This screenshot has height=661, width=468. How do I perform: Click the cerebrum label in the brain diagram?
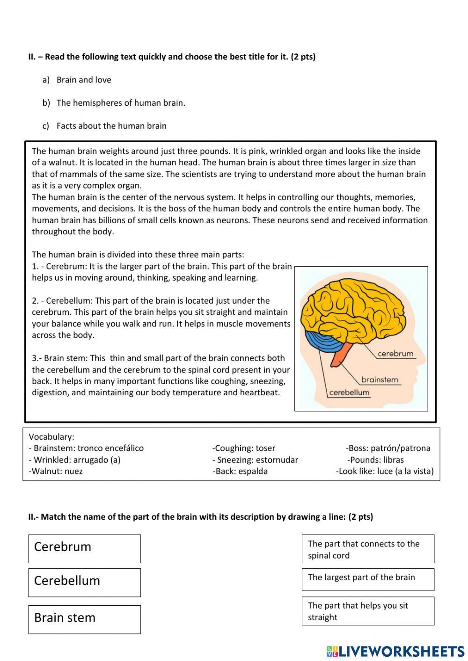(395, 354)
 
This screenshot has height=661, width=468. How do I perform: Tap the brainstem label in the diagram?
(380, 380)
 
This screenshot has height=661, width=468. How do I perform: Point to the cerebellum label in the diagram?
(349, 392)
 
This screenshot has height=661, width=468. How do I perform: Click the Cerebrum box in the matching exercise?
(84, 548)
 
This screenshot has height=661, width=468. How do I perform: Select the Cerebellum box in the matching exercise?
(84, 582)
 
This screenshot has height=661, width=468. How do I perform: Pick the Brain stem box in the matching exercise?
(84, 619)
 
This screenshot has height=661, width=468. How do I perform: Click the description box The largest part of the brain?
(368, 579)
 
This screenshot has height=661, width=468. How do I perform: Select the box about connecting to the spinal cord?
(368, 549)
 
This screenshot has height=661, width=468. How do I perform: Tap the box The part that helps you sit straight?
(368, 611)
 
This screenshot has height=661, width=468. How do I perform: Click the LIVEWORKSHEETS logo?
(395, 651)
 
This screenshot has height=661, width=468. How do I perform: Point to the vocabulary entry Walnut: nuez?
(56, 471)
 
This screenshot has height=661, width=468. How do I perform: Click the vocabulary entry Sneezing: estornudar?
(255, 460)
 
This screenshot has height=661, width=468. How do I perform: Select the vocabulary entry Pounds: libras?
(375, 460)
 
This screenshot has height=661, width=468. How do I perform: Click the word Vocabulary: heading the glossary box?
(51, 437)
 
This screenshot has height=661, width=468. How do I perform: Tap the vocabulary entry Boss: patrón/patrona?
(388, 448)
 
